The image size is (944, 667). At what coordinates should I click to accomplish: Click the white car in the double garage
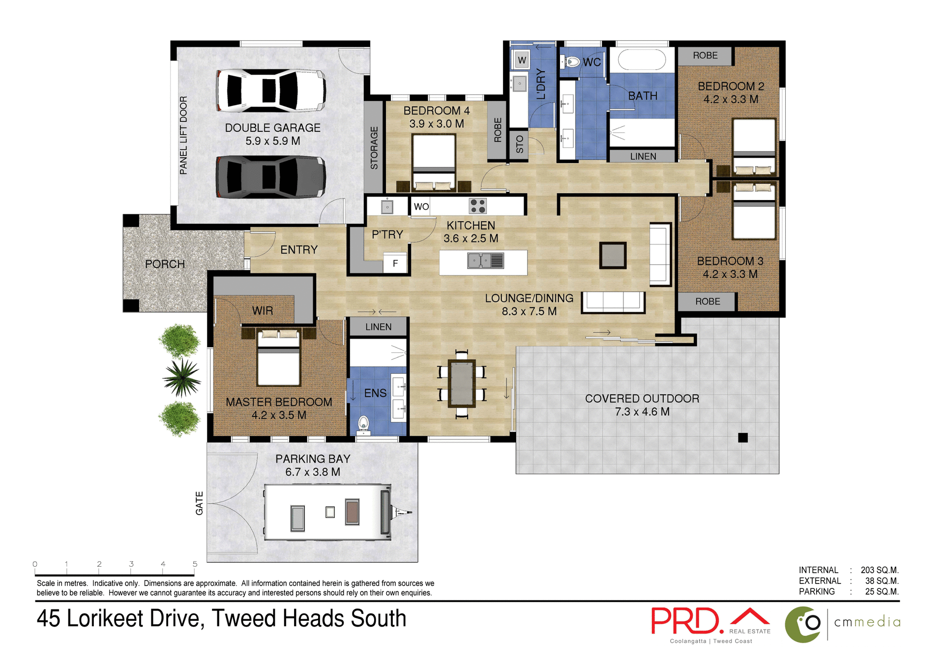point(270,90)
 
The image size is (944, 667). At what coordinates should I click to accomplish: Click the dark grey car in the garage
point(270,177)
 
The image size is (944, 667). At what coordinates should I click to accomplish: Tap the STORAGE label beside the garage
point(374,148)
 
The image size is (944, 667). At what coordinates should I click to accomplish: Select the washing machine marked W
point(522,60)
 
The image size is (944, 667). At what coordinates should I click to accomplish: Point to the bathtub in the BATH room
point(642,60)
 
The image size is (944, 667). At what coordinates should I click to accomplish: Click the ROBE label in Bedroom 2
point(705,56)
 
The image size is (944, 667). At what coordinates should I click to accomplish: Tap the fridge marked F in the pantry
point(395,263)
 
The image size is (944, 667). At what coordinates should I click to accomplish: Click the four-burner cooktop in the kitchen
point(477,205)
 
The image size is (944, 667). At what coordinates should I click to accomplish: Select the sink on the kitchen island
point(485,261)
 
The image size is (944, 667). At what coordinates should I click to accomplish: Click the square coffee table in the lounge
point(613,256)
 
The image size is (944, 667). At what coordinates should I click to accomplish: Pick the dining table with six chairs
point(462,384)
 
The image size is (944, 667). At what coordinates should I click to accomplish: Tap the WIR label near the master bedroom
point(262,311)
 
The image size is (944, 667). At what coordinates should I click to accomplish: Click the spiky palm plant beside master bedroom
point(182,377)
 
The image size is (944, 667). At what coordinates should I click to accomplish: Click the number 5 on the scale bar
point(195,564)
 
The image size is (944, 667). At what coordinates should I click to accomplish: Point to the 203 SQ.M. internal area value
point(879,570)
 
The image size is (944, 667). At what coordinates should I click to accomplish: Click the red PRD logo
point(687,621)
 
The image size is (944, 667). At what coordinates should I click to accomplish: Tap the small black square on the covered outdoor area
point(743,437)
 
